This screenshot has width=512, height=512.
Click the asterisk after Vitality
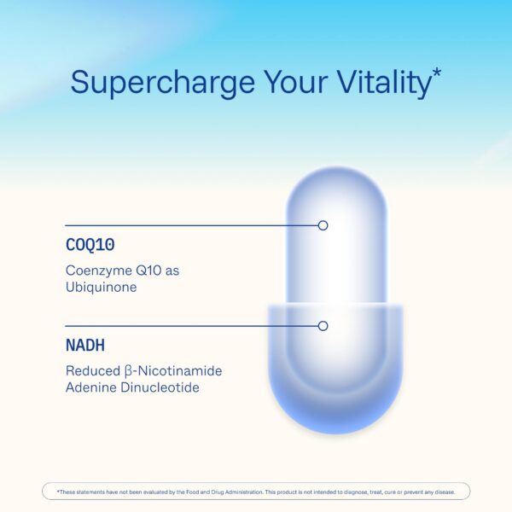pos(436,74)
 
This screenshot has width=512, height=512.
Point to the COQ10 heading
pos(88,245)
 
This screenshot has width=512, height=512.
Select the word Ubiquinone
pos(102,288)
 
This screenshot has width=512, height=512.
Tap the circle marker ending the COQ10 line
pos(323,225)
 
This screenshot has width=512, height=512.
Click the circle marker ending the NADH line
pos(323,326)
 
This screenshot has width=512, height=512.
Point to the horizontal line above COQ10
pos(188,225)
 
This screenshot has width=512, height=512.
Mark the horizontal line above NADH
pos(188,326)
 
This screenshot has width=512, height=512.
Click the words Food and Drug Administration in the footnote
pos(197,492)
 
